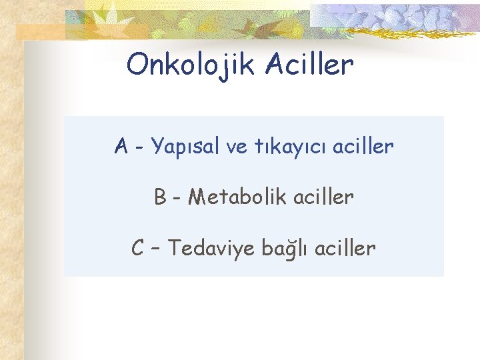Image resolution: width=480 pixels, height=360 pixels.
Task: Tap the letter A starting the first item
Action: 121,145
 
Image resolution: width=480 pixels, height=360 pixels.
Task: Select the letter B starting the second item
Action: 160,197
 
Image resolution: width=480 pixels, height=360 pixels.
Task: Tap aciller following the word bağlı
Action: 345,249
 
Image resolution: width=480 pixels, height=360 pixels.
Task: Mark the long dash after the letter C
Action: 157,249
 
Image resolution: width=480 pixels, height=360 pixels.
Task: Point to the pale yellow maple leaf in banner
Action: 107,20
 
